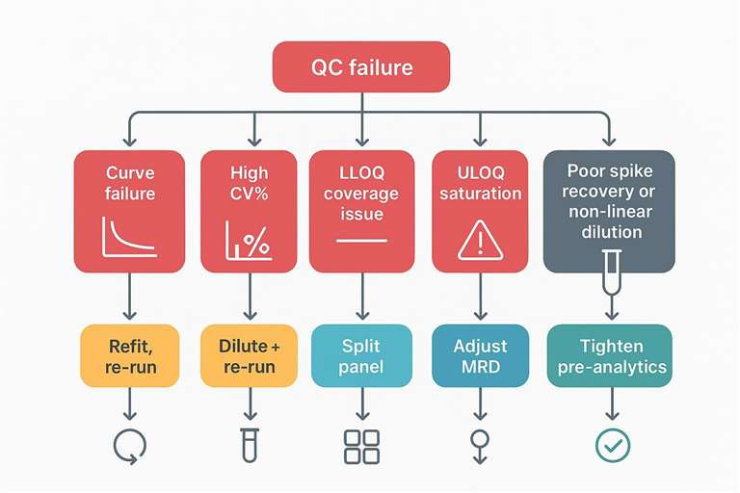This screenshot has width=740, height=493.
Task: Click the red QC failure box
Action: tap(361, 67)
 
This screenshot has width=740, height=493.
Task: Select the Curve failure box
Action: tap(129, 211)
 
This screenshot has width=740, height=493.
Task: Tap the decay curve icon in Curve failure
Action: tap(129, 236)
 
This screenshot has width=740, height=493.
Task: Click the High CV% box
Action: tap(249, 211)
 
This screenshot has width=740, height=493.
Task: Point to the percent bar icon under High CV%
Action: tap(248, 241)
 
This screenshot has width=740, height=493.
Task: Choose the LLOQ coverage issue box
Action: tap(361, 211)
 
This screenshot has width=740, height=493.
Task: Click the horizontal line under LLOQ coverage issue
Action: tap(361, 240)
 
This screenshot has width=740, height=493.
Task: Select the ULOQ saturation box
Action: tap(480, 211)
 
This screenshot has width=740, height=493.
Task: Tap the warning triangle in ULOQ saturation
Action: tap(480, 240)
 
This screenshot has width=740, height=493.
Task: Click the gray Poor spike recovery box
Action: tap(608, 211)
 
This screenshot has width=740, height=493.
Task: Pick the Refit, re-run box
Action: tap(129, 355)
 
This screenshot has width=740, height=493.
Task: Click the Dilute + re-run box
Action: tap(249, 355)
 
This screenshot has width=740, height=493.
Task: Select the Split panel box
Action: tap(361, 355)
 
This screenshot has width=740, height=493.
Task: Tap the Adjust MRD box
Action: tap(480, 355)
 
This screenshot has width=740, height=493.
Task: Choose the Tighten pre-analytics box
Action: tap(608, 355)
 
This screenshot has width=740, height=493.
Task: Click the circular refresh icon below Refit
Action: tap(129, 444)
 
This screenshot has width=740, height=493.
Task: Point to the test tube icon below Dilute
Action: tap(249, 444)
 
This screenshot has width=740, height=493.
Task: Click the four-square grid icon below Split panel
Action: tap(361, 444)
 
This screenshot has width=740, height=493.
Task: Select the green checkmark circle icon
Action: tap(608, 444)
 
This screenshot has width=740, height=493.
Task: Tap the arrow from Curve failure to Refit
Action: tap(129, 299)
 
